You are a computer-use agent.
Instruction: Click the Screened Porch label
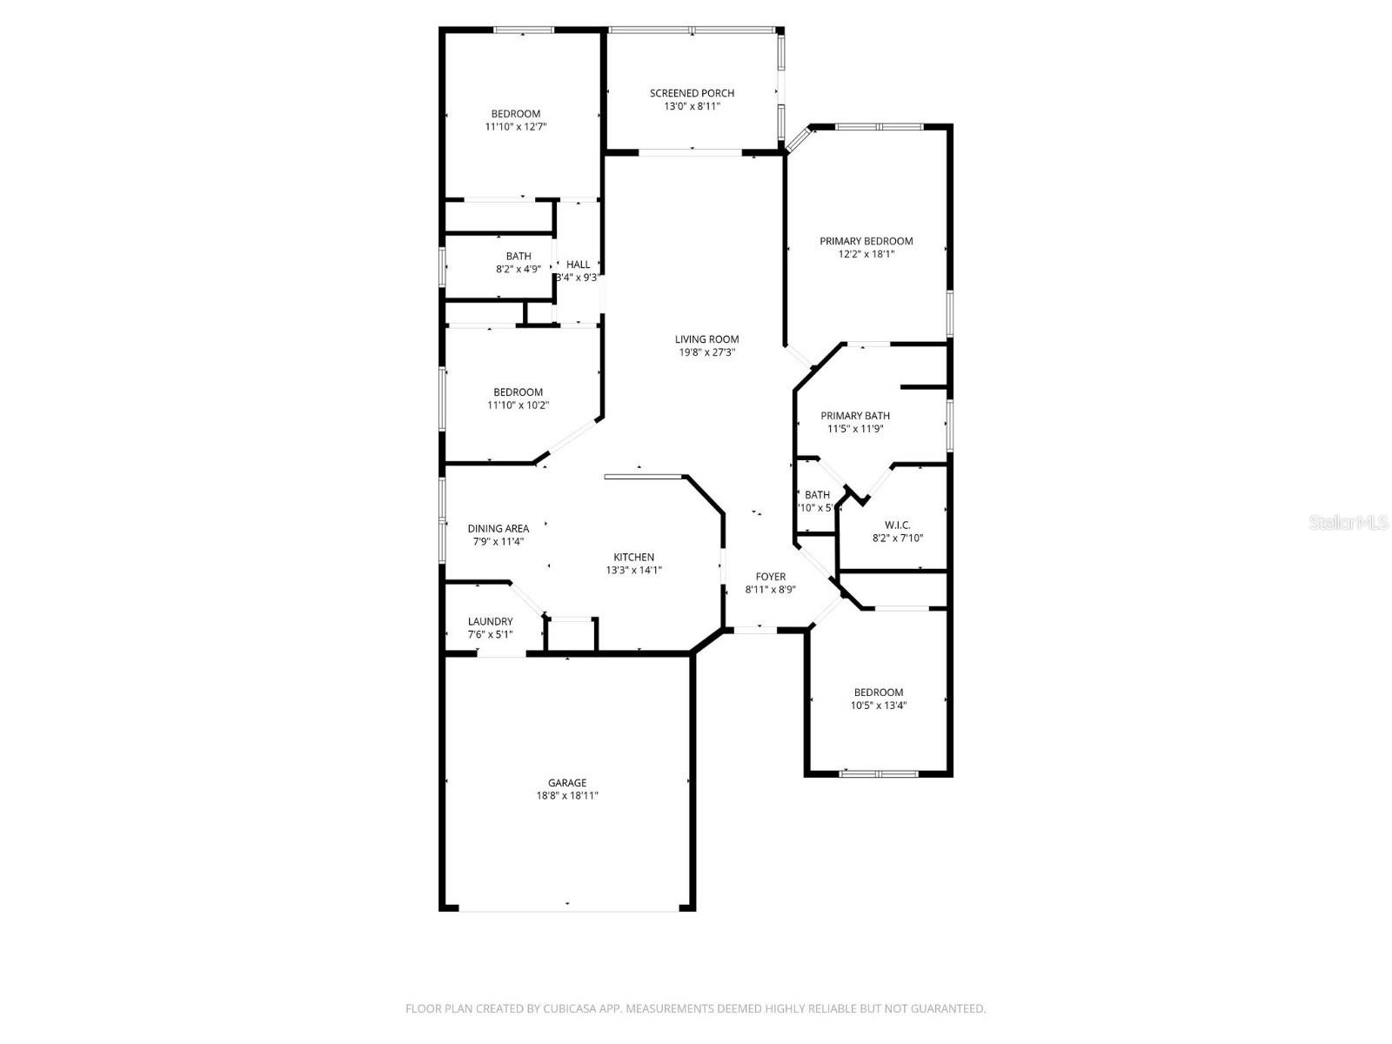(x=692, y=93)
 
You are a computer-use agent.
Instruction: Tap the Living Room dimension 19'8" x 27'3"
(x=706, y=352)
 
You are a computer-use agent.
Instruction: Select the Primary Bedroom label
(x=866, y=241)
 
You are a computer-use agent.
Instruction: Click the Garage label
(x=566, y=782)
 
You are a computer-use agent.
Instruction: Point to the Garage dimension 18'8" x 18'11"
(x=566, y=795)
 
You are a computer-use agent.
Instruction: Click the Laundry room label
(x=490, y=621)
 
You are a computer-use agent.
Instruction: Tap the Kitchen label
(x=633, y=557)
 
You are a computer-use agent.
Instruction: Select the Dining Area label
(x=498, y=528)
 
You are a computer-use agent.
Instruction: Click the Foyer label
(x=770, y=576)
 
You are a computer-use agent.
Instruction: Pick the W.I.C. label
(x=897, y=525)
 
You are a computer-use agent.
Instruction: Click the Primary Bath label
(x=854, y=416)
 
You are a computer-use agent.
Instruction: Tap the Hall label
(x=578, y=264)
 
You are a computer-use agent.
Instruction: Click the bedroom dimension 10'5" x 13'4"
(x=878, y=706)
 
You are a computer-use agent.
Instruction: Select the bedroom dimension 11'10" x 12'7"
(x=515, y=126)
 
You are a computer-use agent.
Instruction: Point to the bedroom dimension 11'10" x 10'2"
(x=518, y=405)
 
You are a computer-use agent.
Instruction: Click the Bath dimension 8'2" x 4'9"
(x=518, y=269)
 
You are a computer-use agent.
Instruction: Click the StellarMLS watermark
(x=1348, y=523)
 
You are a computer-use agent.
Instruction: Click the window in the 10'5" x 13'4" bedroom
(x=879, y=773)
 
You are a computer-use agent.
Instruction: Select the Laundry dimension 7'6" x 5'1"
(x=490, y=634)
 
